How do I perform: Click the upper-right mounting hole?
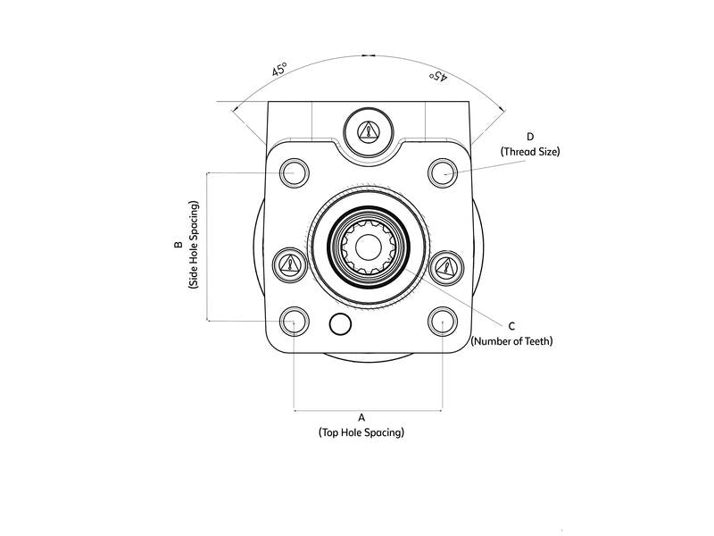(x=443, y=172)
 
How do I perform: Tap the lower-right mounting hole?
(x=443, y=321)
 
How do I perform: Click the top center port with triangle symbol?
(x=368, y=130)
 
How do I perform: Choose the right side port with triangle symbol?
(x=444, y=265)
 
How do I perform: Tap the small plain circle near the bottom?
(x=339, y=324)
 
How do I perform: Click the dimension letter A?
(x=361, y=417)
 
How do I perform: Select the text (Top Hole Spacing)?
(x=361, y=432)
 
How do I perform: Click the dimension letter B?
(x=178, y=245)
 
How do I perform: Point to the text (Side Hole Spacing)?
(x=194, y=245)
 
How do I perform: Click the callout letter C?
(x=511, y=326)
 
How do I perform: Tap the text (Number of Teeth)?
(x=511, y=341)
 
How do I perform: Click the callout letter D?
(x=530, y=137)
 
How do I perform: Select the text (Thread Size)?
(x=530, y=152)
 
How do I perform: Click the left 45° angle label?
(x=279, y=70)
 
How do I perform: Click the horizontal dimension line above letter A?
(x=368, y=411)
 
